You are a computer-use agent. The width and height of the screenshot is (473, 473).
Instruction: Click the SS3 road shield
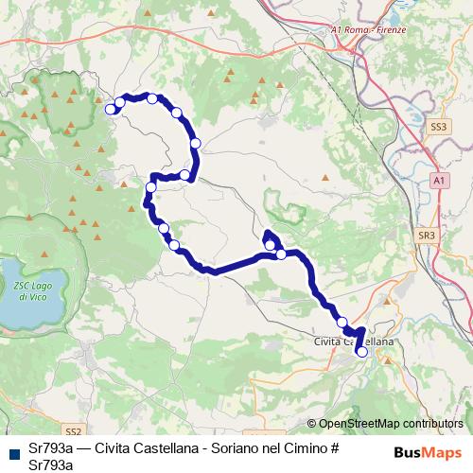point(437,125)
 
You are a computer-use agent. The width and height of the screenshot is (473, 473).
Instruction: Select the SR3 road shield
point(427,235)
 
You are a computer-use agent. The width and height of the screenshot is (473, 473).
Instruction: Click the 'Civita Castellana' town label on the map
point(354,341)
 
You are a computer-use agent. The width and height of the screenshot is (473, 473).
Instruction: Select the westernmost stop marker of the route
point(110,110)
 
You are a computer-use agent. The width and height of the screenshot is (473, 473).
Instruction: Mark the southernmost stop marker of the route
point(361,352)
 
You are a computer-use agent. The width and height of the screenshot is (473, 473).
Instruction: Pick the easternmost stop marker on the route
point(361,352)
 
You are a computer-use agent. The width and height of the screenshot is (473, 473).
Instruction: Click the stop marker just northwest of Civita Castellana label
point(342,323)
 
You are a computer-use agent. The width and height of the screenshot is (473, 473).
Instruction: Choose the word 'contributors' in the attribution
point(432,424)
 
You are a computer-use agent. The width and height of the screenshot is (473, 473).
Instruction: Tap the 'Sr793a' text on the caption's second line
point(51,464)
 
